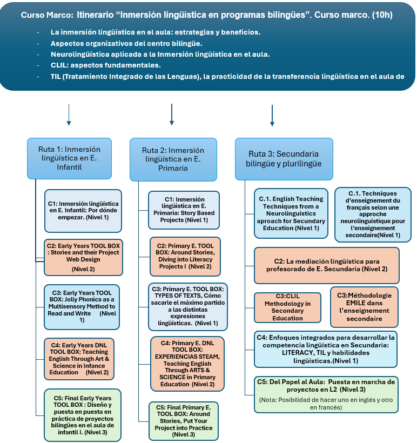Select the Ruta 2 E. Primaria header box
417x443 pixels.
[173, 159]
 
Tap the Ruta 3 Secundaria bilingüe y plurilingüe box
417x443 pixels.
[283, 159]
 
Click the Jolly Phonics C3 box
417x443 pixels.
[83, 305]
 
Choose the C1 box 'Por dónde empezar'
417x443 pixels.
[83, 211]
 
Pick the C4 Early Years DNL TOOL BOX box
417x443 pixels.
[83, 358]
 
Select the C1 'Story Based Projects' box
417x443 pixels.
[184, 210]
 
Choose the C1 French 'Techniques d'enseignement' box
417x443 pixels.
[373, 214]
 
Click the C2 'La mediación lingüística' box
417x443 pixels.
[326, 265]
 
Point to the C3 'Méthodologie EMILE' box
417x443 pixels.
[364, 307]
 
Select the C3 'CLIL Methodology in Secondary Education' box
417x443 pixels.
[287, 307]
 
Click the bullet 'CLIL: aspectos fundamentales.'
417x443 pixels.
[105, 65]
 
